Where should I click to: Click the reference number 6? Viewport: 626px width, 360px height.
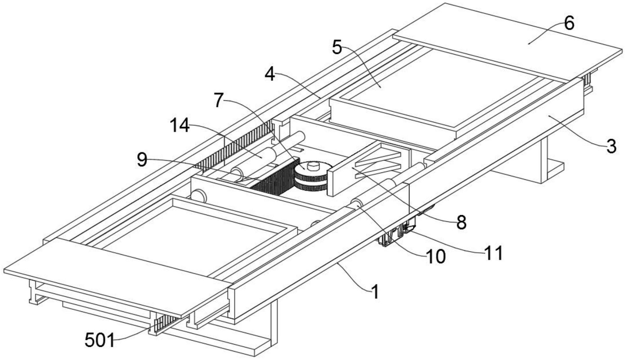click(x=569, y=24)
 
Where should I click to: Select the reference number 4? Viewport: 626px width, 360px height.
click(x=270, y=75)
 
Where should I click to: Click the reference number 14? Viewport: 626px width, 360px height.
click(x=179, y=126)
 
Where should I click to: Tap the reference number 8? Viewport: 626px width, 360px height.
click(x=461, y=223)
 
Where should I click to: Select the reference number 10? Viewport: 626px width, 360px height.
click(x=436, y=257)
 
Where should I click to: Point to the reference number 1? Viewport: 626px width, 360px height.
click(x=375, y=292)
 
